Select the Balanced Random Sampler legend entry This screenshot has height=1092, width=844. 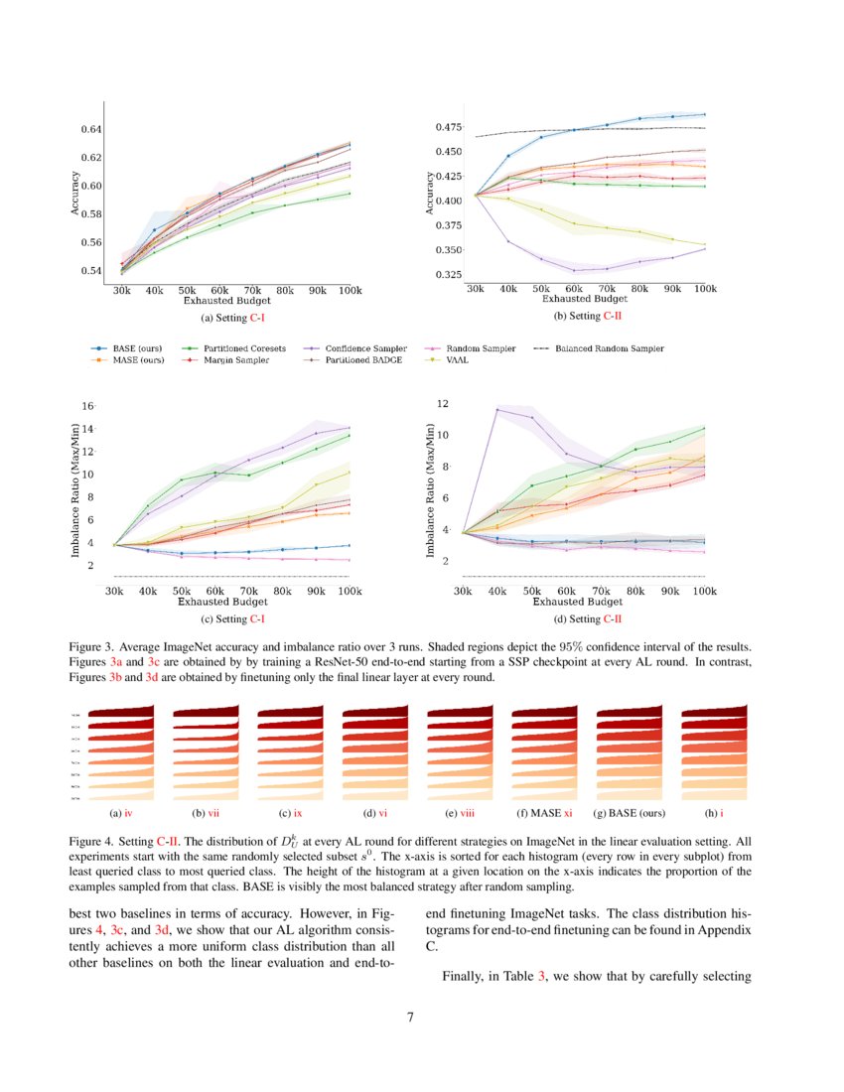(x=609, y=348)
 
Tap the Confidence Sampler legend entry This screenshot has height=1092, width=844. (x=363, y=348)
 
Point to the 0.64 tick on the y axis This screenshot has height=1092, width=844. (x=90, y=129)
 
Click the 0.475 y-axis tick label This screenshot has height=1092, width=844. (x=448, y=127)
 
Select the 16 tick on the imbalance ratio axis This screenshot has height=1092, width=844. (x=86, y=406)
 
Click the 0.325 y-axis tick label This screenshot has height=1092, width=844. (x=448, y=274)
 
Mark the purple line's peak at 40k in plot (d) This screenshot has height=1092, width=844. (x=496, y=409)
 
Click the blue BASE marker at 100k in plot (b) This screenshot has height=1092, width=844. (x=704, y=115)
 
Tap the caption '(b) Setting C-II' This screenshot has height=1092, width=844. (x=588, y=316)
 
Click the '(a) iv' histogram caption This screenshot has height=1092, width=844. (x=120, y=813)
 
